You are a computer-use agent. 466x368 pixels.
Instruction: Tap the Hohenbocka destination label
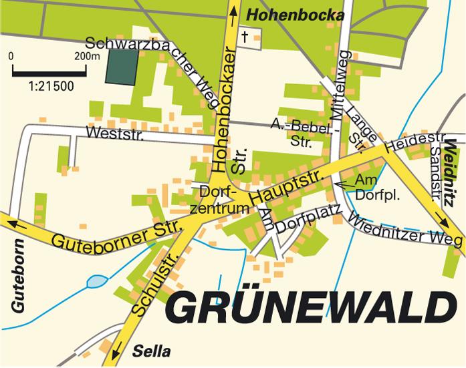295,15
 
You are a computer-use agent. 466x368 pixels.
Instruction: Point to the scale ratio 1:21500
51,86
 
